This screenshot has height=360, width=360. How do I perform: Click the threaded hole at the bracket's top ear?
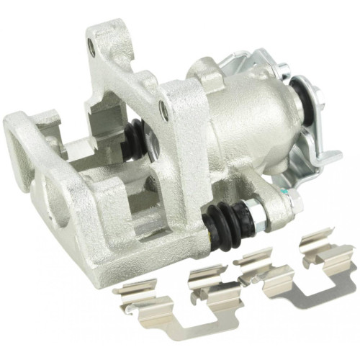(91, 50)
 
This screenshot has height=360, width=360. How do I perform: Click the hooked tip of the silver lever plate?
(335, 156)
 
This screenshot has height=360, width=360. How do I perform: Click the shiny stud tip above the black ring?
(285, 70)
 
